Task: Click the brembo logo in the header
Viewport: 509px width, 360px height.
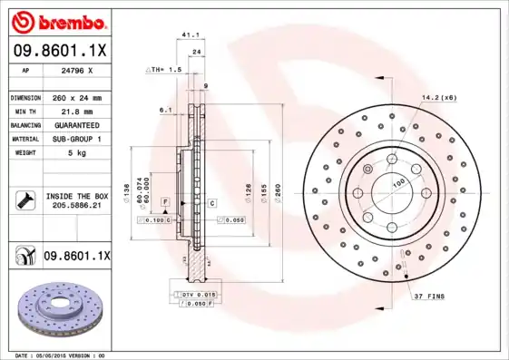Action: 61,21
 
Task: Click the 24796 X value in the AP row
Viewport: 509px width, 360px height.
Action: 76,70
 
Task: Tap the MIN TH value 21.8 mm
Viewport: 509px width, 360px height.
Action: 76,111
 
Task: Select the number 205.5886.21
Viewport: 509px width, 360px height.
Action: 76,206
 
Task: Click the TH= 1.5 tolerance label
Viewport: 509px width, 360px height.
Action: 166,69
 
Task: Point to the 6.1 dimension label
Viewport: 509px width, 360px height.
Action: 165,110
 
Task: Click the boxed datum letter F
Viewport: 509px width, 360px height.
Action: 166,200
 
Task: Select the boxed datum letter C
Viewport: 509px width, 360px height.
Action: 210,202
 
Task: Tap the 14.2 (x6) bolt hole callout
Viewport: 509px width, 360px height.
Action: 438,97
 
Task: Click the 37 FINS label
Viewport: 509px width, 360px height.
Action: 428,297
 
